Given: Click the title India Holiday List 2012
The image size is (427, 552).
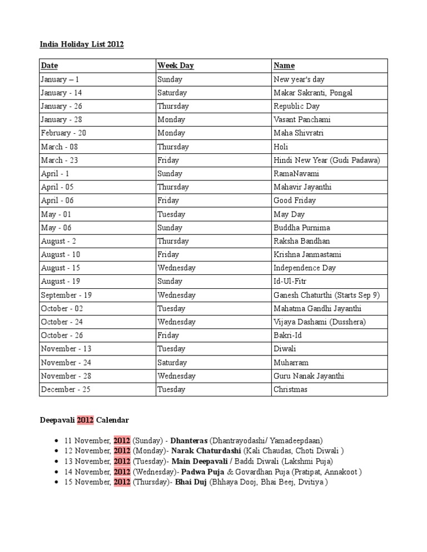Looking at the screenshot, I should pos(82,44).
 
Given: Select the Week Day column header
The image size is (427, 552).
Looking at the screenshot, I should pos(175,66).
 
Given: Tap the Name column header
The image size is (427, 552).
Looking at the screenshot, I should pos(284,66).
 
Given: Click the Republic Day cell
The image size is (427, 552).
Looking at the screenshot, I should pos(296,106).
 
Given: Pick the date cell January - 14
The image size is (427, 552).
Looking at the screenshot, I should pos(61,93).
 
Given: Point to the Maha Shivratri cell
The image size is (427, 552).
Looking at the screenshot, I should pos(298,133).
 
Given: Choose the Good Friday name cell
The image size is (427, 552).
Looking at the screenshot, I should pos(294,200).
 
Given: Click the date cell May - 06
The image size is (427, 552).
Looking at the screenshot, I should pos(56,228).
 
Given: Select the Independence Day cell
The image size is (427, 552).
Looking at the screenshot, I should pos(305,268).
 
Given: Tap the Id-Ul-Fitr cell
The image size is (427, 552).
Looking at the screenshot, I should pos(290,282).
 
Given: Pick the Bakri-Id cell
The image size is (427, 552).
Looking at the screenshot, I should pos(287,335).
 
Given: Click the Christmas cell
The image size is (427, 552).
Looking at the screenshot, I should pos(290,389).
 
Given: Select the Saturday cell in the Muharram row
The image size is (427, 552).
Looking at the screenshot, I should pos(172,363).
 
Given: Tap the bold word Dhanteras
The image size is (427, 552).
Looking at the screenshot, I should pos(190,440).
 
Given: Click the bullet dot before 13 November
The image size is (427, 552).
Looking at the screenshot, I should pos(57,461).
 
